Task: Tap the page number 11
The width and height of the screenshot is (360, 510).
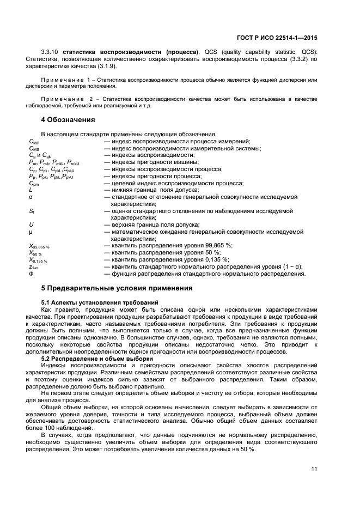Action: pos(314,469)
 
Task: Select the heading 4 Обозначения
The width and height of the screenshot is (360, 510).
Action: pos(68,120)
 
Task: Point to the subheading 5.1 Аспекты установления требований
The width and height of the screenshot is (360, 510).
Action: pos(100,302)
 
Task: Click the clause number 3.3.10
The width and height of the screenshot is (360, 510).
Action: pos(51,52)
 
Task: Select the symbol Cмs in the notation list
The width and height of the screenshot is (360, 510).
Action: pos(34,148)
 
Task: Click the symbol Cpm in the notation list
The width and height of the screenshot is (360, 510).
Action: pos(34,184)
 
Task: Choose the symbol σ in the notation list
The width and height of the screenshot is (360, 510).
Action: pos(31,197)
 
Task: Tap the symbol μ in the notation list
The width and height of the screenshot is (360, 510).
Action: pos(31,232)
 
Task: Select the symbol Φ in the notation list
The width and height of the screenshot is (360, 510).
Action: pos(31,274)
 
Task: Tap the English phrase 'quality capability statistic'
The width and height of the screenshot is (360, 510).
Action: pos(259,52)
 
